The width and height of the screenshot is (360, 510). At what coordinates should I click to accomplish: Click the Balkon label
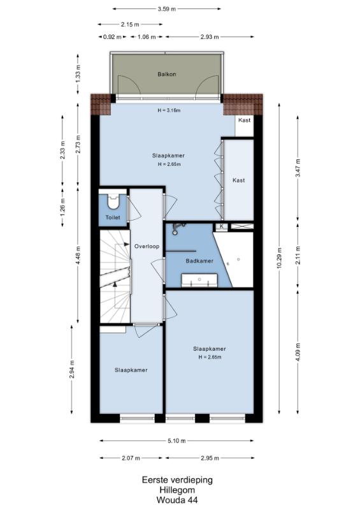166,74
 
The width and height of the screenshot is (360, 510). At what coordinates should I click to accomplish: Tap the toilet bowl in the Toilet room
113,202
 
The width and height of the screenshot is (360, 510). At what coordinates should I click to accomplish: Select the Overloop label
147,246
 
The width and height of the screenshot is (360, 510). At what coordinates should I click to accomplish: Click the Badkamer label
199,261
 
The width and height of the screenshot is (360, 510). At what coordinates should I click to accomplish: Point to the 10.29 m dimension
279,258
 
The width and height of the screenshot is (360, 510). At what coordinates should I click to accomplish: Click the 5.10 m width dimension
177,441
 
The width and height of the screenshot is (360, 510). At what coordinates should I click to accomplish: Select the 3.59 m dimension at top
167,9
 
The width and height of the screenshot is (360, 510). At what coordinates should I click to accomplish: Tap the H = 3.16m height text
169,110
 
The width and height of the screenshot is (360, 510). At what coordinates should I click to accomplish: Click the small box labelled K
222,226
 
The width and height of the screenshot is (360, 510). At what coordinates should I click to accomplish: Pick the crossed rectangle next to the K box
242,226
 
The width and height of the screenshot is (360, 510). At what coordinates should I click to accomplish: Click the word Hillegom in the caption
177,490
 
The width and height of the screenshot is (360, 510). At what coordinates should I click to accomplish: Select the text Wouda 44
177,500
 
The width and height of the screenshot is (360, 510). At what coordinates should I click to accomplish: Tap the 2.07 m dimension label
131,458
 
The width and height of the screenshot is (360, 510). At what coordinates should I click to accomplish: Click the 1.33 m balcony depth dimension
78,74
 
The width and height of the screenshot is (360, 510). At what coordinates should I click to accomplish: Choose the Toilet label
113,217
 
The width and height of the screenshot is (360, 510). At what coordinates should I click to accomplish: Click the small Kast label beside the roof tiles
245,120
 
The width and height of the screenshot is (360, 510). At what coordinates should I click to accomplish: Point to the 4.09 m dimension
298,353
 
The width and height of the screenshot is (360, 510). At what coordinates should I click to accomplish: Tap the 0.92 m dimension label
112,37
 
